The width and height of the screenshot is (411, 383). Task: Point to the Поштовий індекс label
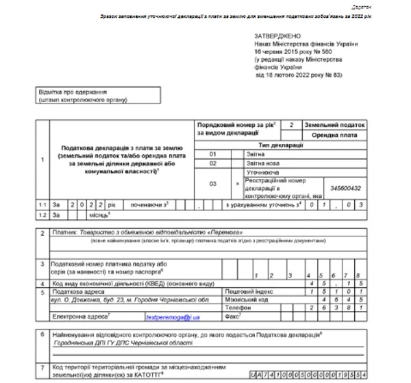[248, 291]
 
